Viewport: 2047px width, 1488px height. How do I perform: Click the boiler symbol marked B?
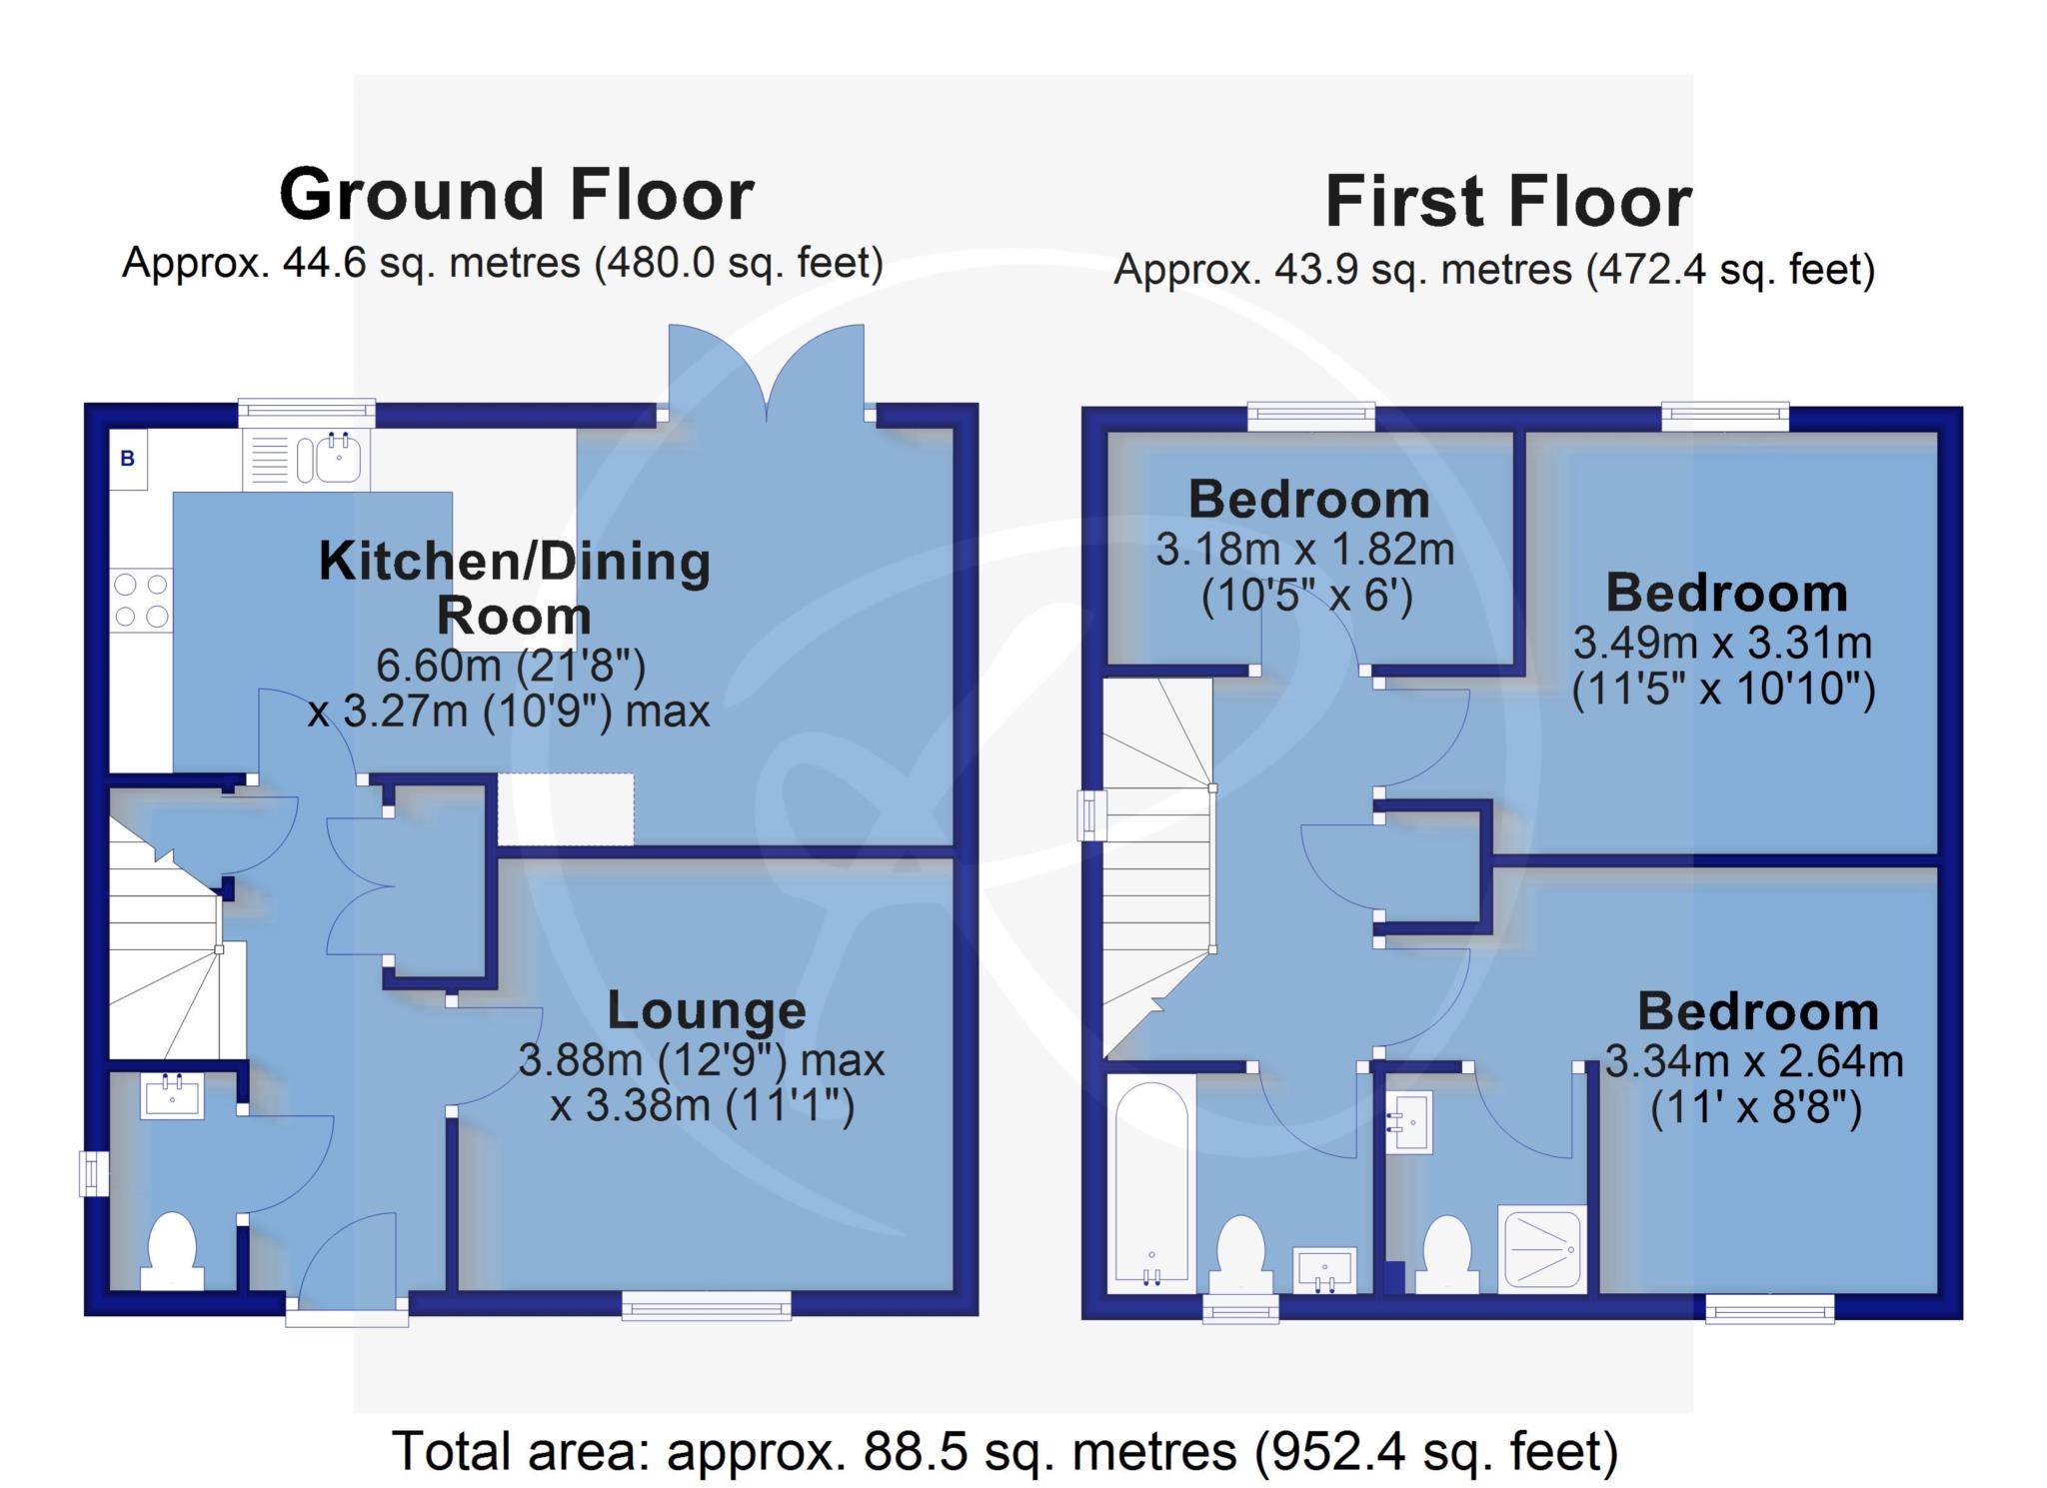coord(128,459)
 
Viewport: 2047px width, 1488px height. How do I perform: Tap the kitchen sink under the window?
coord(307,460)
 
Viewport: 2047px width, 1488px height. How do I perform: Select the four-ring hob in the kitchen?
coord(141,600)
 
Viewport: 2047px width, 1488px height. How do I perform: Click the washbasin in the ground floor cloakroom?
coord(173,1096)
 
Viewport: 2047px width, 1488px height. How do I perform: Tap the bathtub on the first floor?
coord(1151,1183)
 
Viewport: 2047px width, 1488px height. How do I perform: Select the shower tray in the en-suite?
coord(1542,1248)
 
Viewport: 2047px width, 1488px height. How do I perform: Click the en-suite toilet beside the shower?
coord(1447,1255)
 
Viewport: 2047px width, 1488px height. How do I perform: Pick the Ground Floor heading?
coord(516,194)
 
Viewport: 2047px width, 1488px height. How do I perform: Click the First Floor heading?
coord(1508,202)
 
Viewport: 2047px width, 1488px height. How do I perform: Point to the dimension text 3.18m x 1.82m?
coord(1305,550)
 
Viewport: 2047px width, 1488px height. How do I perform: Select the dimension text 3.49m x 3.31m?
coord(1723,643)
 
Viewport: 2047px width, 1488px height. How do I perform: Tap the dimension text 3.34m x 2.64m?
coord(1754,1060)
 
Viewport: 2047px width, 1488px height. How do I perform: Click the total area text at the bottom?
coord(1006,1450)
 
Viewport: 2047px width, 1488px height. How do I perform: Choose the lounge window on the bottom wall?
coord(707,1306)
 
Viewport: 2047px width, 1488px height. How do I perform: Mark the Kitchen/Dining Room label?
coord(515,589)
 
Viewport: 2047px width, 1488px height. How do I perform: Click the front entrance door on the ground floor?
coord(347,1261)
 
